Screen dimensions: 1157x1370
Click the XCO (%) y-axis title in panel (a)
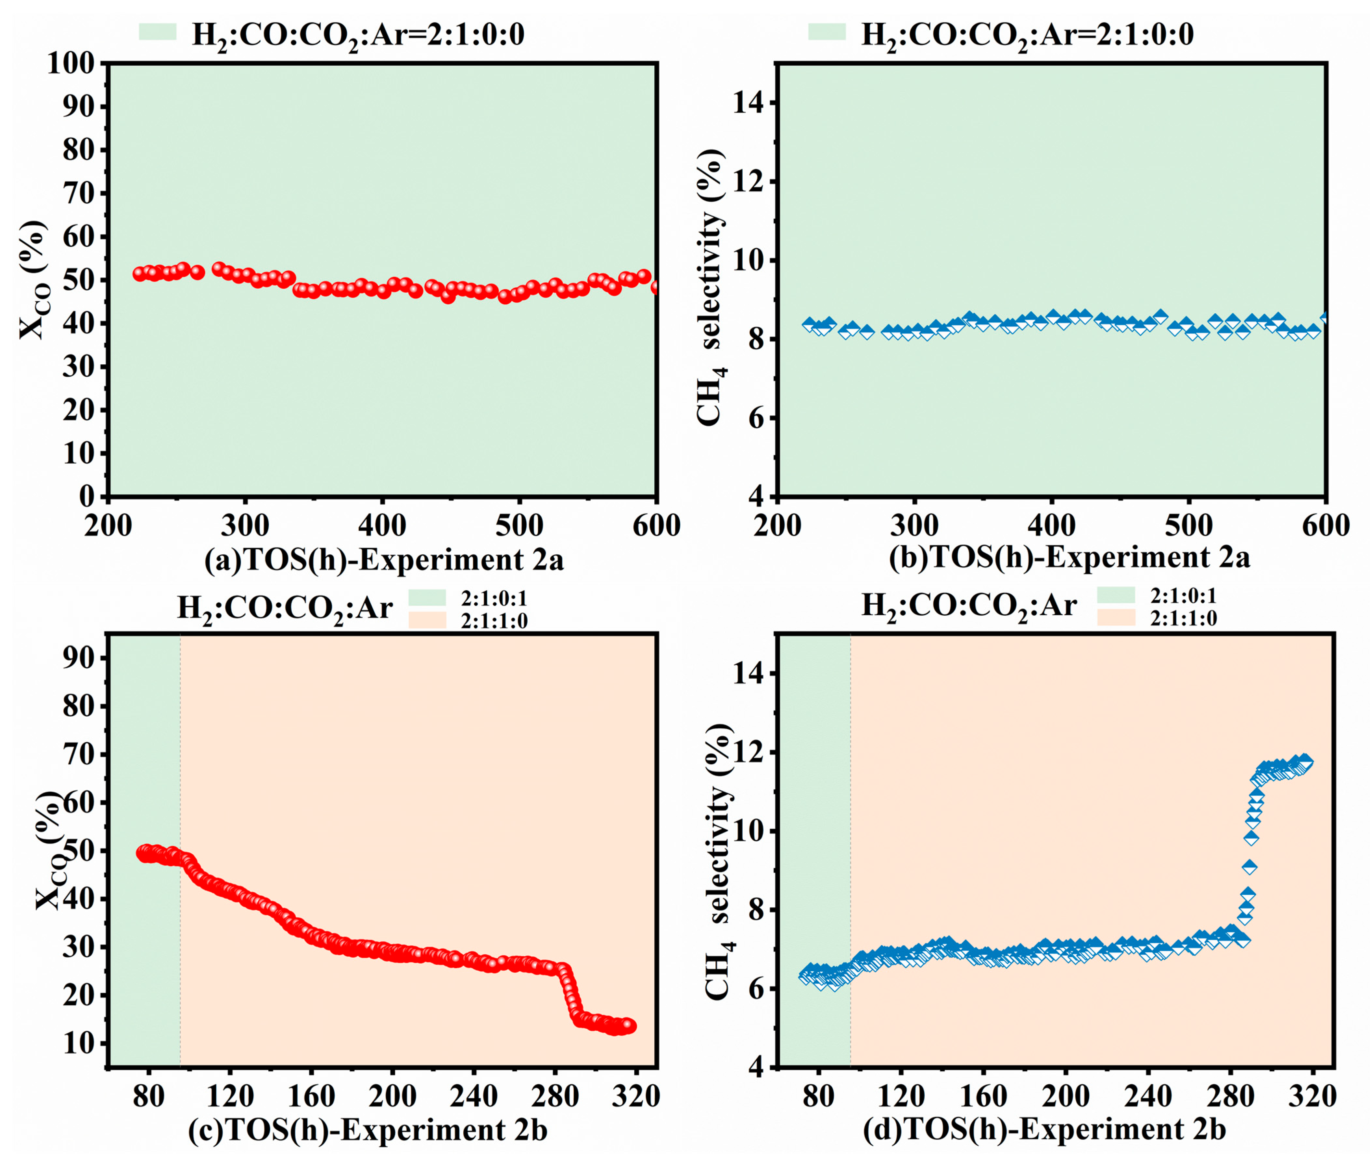click(33, 280)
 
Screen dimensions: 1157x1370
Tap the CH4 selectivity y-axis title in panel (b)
click(711, 289)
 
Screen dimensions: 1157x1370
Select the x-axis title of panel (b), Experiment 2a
click(1069, 558)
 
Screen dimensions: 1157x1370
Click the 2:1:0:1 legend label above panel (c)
click(493, 598)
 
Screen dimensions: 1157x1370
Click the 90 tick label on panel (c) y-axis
click(79, 658)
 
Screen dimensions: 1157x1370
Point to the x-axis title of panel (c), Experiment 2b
click(367, 1130)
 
